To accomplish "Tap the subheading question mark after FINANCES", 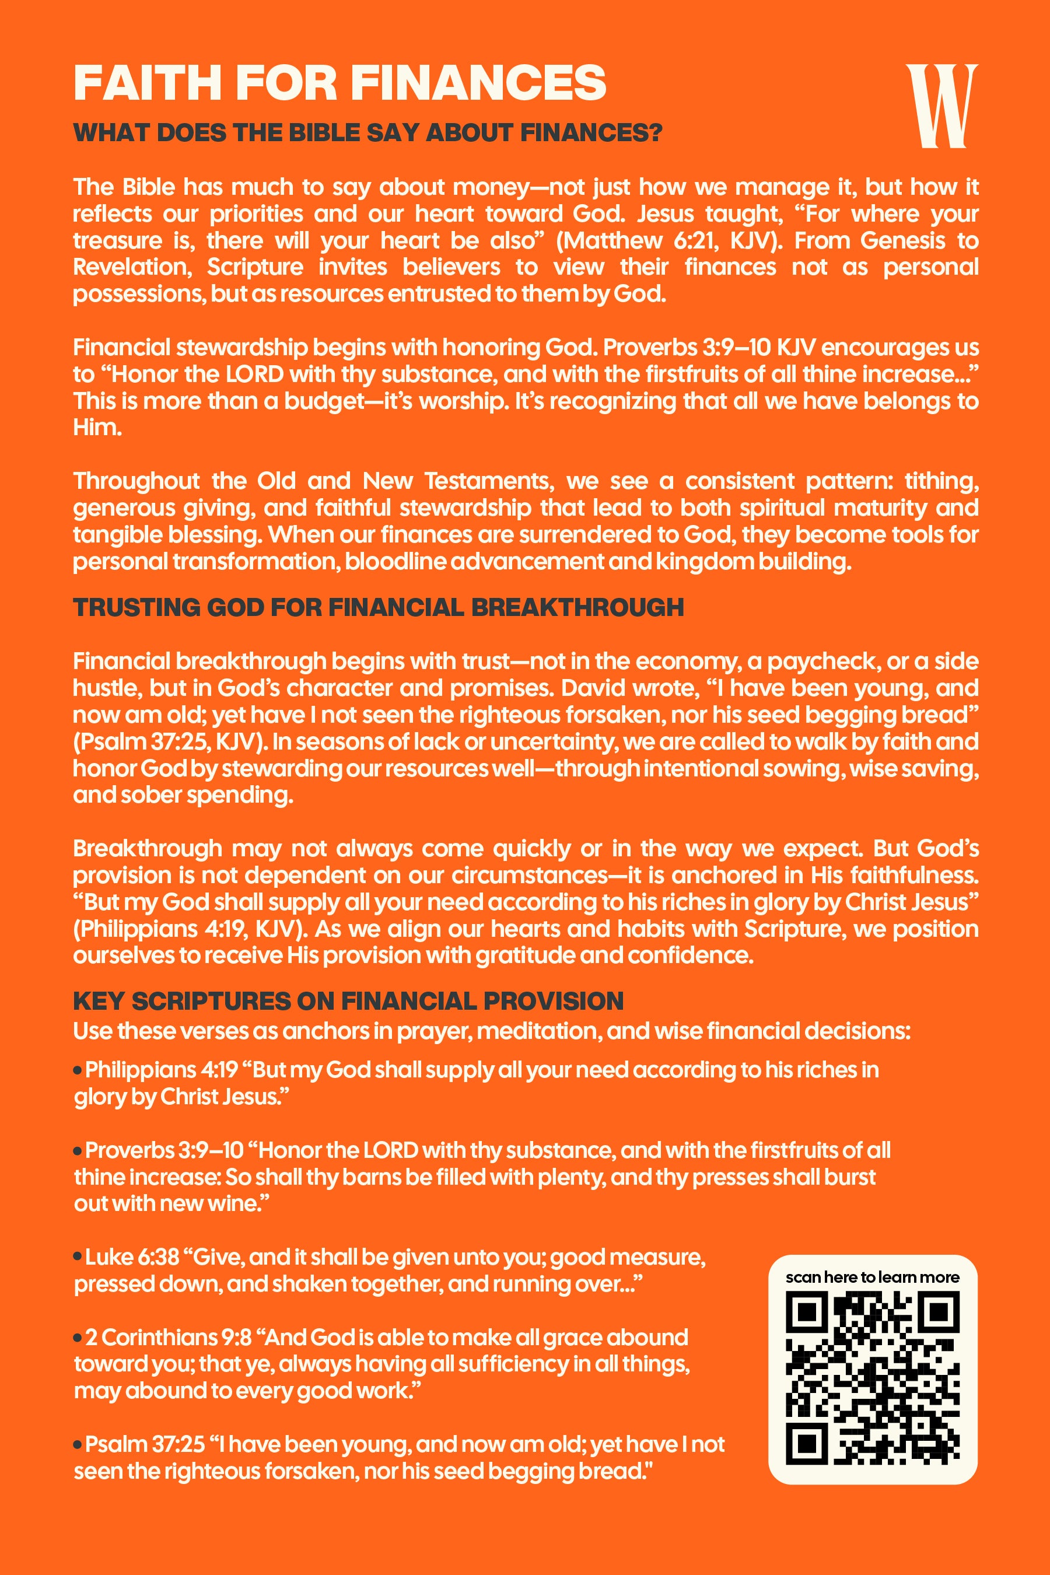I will (655, 132).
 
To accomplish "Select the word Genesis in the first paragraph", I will (902, 240).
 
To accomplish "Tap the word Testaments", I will (488, 481).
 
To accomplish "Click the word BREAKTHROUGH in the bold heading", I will (577, 607).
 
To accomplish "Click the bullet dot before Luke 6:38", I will (78, 1258).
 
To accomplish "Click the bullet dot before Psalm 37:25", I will (78, 1445).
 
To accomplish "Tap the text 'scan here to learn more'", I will (872, 1277).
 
